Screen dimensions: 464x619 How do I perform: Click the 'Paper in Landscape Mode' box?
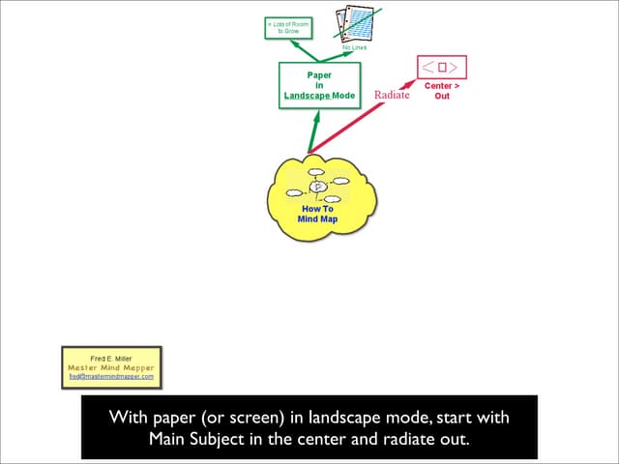319,84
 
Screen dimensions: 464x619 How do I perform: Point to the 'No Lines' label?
354,48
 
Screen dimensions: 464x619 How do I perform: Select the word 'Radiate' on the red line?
392,95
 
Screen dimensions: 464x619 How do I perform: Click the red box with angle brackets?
442,67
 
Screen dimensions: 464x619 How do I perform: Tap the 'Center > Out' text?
442,91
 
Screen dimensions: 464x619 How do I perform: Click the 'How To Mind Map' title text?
317,214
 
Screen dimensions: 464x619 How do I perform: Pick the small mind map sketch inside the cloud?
316,186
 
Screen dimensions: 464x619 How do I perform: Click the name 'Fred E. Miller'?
111,358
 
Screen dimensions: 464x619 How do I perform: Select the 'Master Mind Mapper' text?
111,367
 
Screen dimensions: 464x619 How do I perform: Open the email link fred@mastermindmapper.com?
111,376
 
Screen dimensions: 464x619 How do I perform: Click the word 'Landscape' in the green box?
306,96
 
